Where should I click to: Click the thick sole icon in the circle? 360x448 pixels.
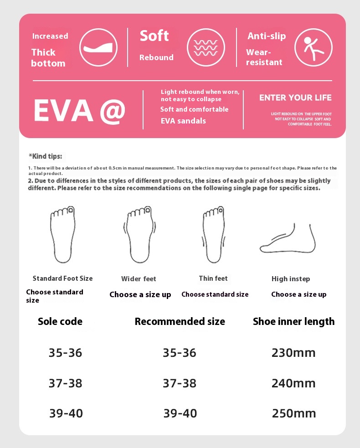tap(98, 47)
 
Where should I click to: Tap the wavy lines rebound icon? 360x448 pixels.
tap(206, 47)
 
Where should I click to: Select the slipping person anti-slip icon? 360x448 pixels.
tap(314, 47)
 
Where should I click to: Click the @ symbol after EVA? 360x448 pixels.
tap(111, 110)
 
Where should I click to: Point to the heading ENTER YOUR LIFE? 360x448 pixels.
tap(295, 98)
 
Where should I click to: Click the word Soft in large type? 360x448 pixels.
tap(154, 36)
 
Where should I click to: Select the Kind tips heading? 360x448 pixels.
tap(46, 156)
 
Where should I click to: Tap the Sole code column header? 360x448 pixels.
tap(60, 321)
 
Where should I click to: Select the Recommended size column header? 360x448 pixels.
tap(180, 321)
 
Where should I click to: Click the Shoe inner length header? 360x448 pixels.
tap(293, 321)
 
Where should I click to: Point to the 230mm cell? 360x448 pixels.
tap(293, 353)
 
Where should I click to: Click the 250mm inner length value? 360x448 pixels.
tap(293, 413)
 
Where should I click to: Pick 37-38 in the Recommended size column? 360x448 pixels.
tap(180, 383)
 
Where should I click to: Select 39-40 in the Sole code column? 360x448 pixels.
tap(66, 413)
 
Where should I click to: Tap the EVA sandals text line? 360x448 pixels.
tap(183, 121)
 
